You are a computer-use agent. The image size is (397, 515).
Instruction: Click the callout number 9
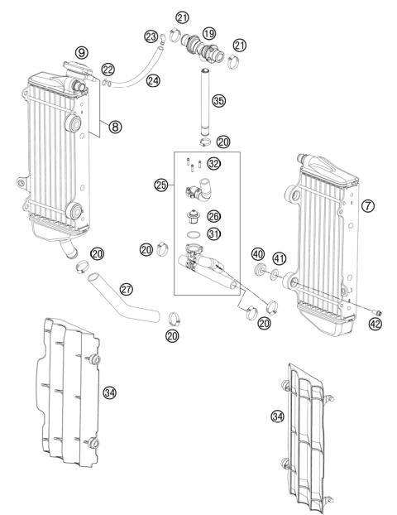click(x=82, y=52)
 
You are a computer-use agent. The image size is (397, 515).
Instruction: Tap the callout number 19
click(x=209, y=33)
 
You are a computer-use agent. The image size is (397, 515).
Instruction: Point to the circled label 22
click(x=108, y=69)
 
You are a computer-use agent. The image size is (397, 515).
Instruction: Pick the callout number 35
click(x=218, y=101)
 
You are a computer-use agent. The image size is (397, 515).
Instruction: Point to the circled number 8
click(x=115, y=127)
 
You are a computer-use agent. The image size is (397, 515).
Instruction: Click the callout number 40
click(x=257, y=253)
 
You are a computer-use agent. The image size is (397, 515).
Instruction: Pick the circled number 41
click(x=280, y=259)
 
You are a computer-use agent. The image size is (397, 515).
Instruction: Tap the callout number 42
click(x=377, y=325)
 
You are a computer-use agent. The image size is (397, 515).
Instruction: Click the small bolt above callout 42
click(x=375, y=310)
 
